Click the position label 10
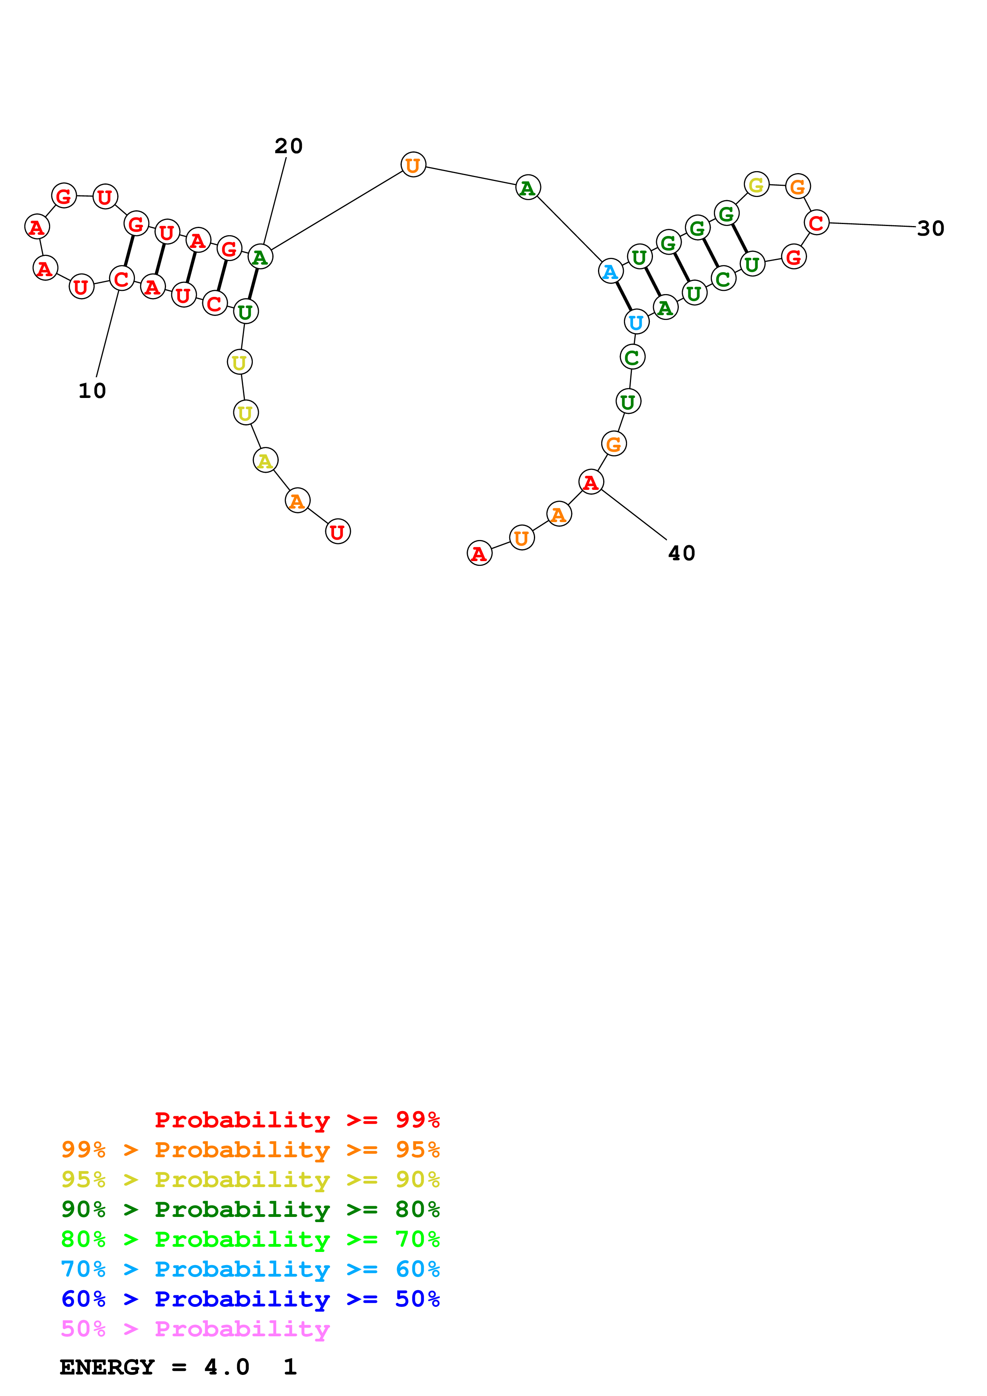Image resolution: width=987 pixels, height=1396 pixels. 92,391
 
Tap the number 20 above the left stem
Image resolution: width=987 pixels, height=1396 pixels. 288,146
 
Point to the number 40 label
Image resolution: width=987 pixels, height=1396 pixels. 681,553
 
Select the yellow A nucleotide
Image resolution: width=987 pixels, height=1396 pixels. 265,460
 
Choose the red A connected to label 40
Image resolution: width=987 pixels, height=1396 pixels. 590,482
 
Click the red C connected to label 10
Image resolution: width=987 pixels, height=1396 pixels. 121,279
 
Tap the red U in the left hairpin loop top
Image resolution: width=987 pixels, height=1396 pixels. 105,197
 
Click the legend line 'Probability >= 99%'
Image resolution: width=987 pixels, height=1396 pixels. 297,1119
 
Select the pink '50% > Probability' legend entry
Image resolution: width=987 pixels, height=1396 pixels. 195,1329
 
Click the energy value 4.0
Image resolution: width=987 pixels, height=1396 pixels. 226,1367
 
